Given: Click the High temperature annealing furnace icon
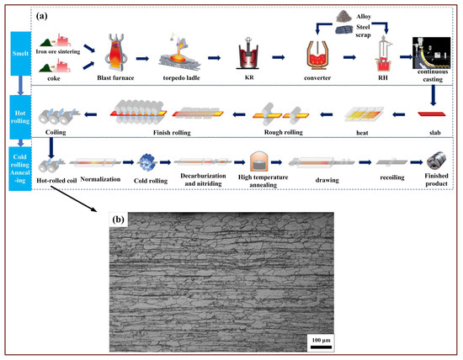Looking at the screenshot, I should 258,162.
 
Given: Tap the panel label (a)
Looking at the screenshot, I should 61,13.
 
